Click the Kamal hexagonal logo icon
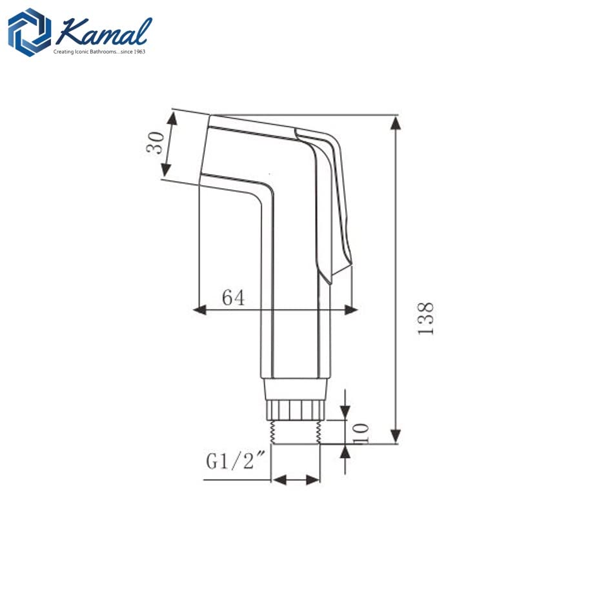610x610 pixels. (30, 32)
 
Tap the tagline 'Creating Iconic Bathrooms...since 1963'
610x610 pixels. (100, 52)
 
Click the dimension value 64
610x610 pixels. (234, 298)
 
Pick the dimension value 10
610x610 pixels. (361, 432)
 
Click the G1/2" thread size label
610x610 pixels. (236, 462)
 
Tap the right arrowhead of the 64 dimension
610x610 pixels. (351, 310)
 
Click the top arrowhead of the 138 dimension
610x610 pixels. (396, 122)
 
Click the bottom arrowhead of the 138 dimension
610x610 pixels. (396, 437)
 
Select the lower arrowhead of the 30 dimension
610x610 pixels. (165, 170)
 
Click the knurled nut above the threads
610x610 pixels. (296, 409)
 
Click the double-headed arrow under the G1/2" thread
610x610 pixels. (296, 480)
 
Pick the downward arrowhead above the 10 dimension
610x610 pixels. (345, 413)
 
